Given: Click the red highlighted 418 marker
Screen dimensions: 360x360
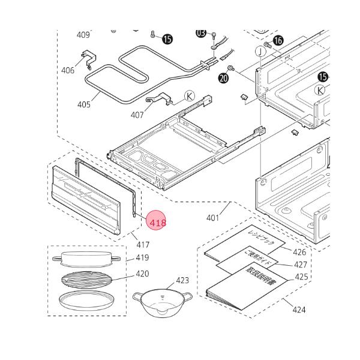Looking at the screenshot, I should pyautogui.click(x=157, y=222).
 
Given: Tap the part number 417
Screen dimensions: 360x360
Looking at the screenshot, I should pyautogui.click(x=143, y=245).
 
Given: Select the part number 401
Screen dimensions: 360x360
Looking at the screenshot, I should pyautogui.click(x=213, y=218).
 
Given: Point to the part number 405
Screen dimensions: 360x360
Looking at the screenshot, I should pyautogui.click(x=84, y=105).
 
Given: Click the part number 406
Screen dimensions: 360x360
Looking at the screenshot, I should pyautogui.click(x=68, y=71).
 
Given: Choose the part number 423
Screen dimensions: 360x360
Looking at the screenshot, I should pyautogui.click(x=182, y=280).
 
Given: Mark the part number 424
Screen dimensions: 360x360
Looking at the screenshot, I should pyautogui.click(x=299, y=310).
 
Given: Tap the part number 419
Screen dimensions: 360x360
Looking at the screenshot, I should pyautogui.click(x=142, y=258).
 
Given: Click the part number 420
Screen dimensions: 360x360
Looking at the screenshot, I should pyautogui.click(x=142, y=274).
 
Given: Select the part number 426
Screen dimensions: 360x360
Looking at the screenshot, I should pyautogui.click(x=299, y=252).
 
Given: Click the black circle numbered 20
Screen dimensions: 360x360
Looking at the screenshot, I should pyautogui.click(x=224, y=78).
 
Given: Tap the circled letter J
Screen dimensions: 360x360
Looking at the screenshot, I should pyautogui.click(x=260, y=51).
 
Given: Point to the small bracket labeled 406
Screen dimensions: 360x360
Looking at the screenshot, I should pyautogui.click(x=88, y=58).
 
